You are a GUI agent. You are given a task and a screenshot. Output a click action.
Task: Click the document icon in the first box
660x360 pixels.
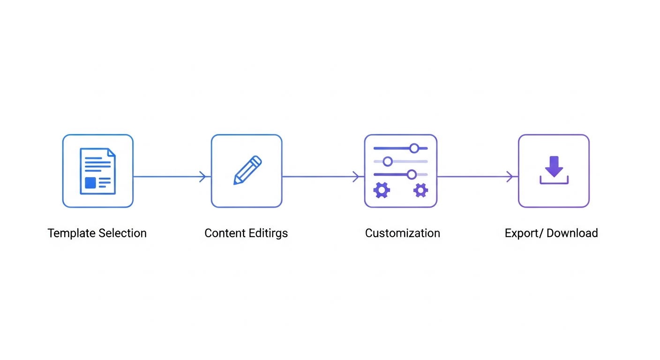pyautogui.click(x=97, y=171)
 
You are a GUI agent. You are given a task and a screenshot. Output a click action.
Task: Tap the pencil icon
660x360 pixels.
pyautogui.click(x=247, y=170)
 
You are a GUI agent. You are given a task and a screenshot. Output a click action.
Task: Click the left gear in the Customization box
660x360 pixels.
pyautogui.click(x=381, y=190)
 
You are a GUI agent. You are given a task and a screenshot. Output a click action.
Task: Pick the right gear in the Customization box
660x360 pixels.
pyautogui.click(x=420, y=190)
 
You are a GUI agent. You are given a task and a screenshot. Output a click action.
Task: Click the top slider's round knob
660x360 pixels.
pyautogui.click(x=414, y=149)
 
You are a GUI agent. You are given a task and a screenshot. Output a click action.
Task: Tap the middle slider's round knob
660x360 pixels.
pyautogui.click(x=388, y=161)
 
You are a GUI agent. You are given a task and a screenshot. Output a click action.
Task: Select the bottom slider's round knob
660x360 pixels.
pyautogui.click(x=412, y=174)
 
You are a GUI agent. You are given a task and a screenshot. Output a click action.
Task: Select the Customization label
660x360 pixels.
pyautogui.click(x=402, y=233)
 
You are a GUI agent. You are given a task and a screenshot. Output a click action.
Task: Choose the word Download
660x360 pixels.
pyautogui.click(x=572, y=233)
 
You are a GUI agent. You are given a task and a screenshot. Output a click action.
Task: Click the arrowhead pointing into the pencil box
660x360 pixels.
pyautogui.click(x=203, y=177)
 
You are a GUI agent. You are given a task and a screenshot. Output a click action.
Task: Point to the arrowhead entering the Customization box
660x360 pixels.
pyautogui.click(x=356, y=177)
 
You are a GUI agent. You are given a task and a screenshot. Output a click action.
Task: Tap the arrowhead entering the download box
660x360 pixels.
pyautogui.click(x=510, y=177)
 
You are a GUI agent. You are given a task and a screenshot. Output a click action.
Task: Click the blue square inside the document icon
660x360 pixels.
pyautogui.click(x=90, y=183)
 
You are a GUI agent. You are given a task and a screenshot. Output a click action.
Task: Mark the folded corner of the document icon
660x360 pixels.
pyautogui.click(x=111, y=152)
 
